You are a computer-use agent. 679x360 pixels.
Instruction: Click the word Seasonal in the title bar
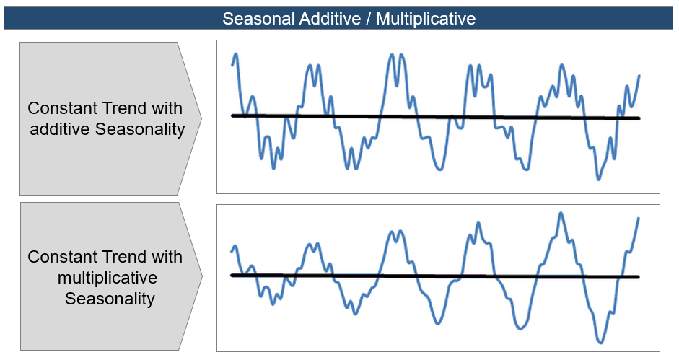point(258,19)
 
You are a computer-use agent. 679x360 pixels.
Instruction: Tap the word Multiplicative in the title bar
point(426,19)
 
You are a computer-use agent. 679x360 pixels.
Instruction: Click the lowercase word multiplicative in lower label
point(108,278)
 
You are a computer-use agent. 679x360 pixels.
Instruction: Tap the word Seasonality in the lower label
point(110,299)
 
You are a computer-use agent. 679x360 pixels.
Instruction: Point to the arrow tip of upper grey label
point(201,118)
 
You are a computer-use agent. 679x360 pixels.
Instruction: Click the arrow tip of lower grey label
point(202,276)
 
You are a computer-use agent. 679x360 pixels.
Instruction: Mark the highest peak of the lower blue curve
point(561,213)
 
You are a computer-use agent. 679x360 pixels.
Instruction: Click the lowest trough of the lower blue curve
point(600,343)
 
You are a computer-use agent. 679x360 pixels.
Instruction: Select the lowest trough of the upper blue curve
point(598,179)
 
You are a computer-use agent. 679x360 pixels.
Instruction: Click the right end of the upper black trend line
point(639,118)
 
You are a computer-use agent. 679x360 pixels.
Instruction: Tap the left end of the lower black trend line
point(232,275)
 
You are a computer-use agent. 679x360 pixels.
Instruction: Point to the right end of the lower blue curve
point(639,218)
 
